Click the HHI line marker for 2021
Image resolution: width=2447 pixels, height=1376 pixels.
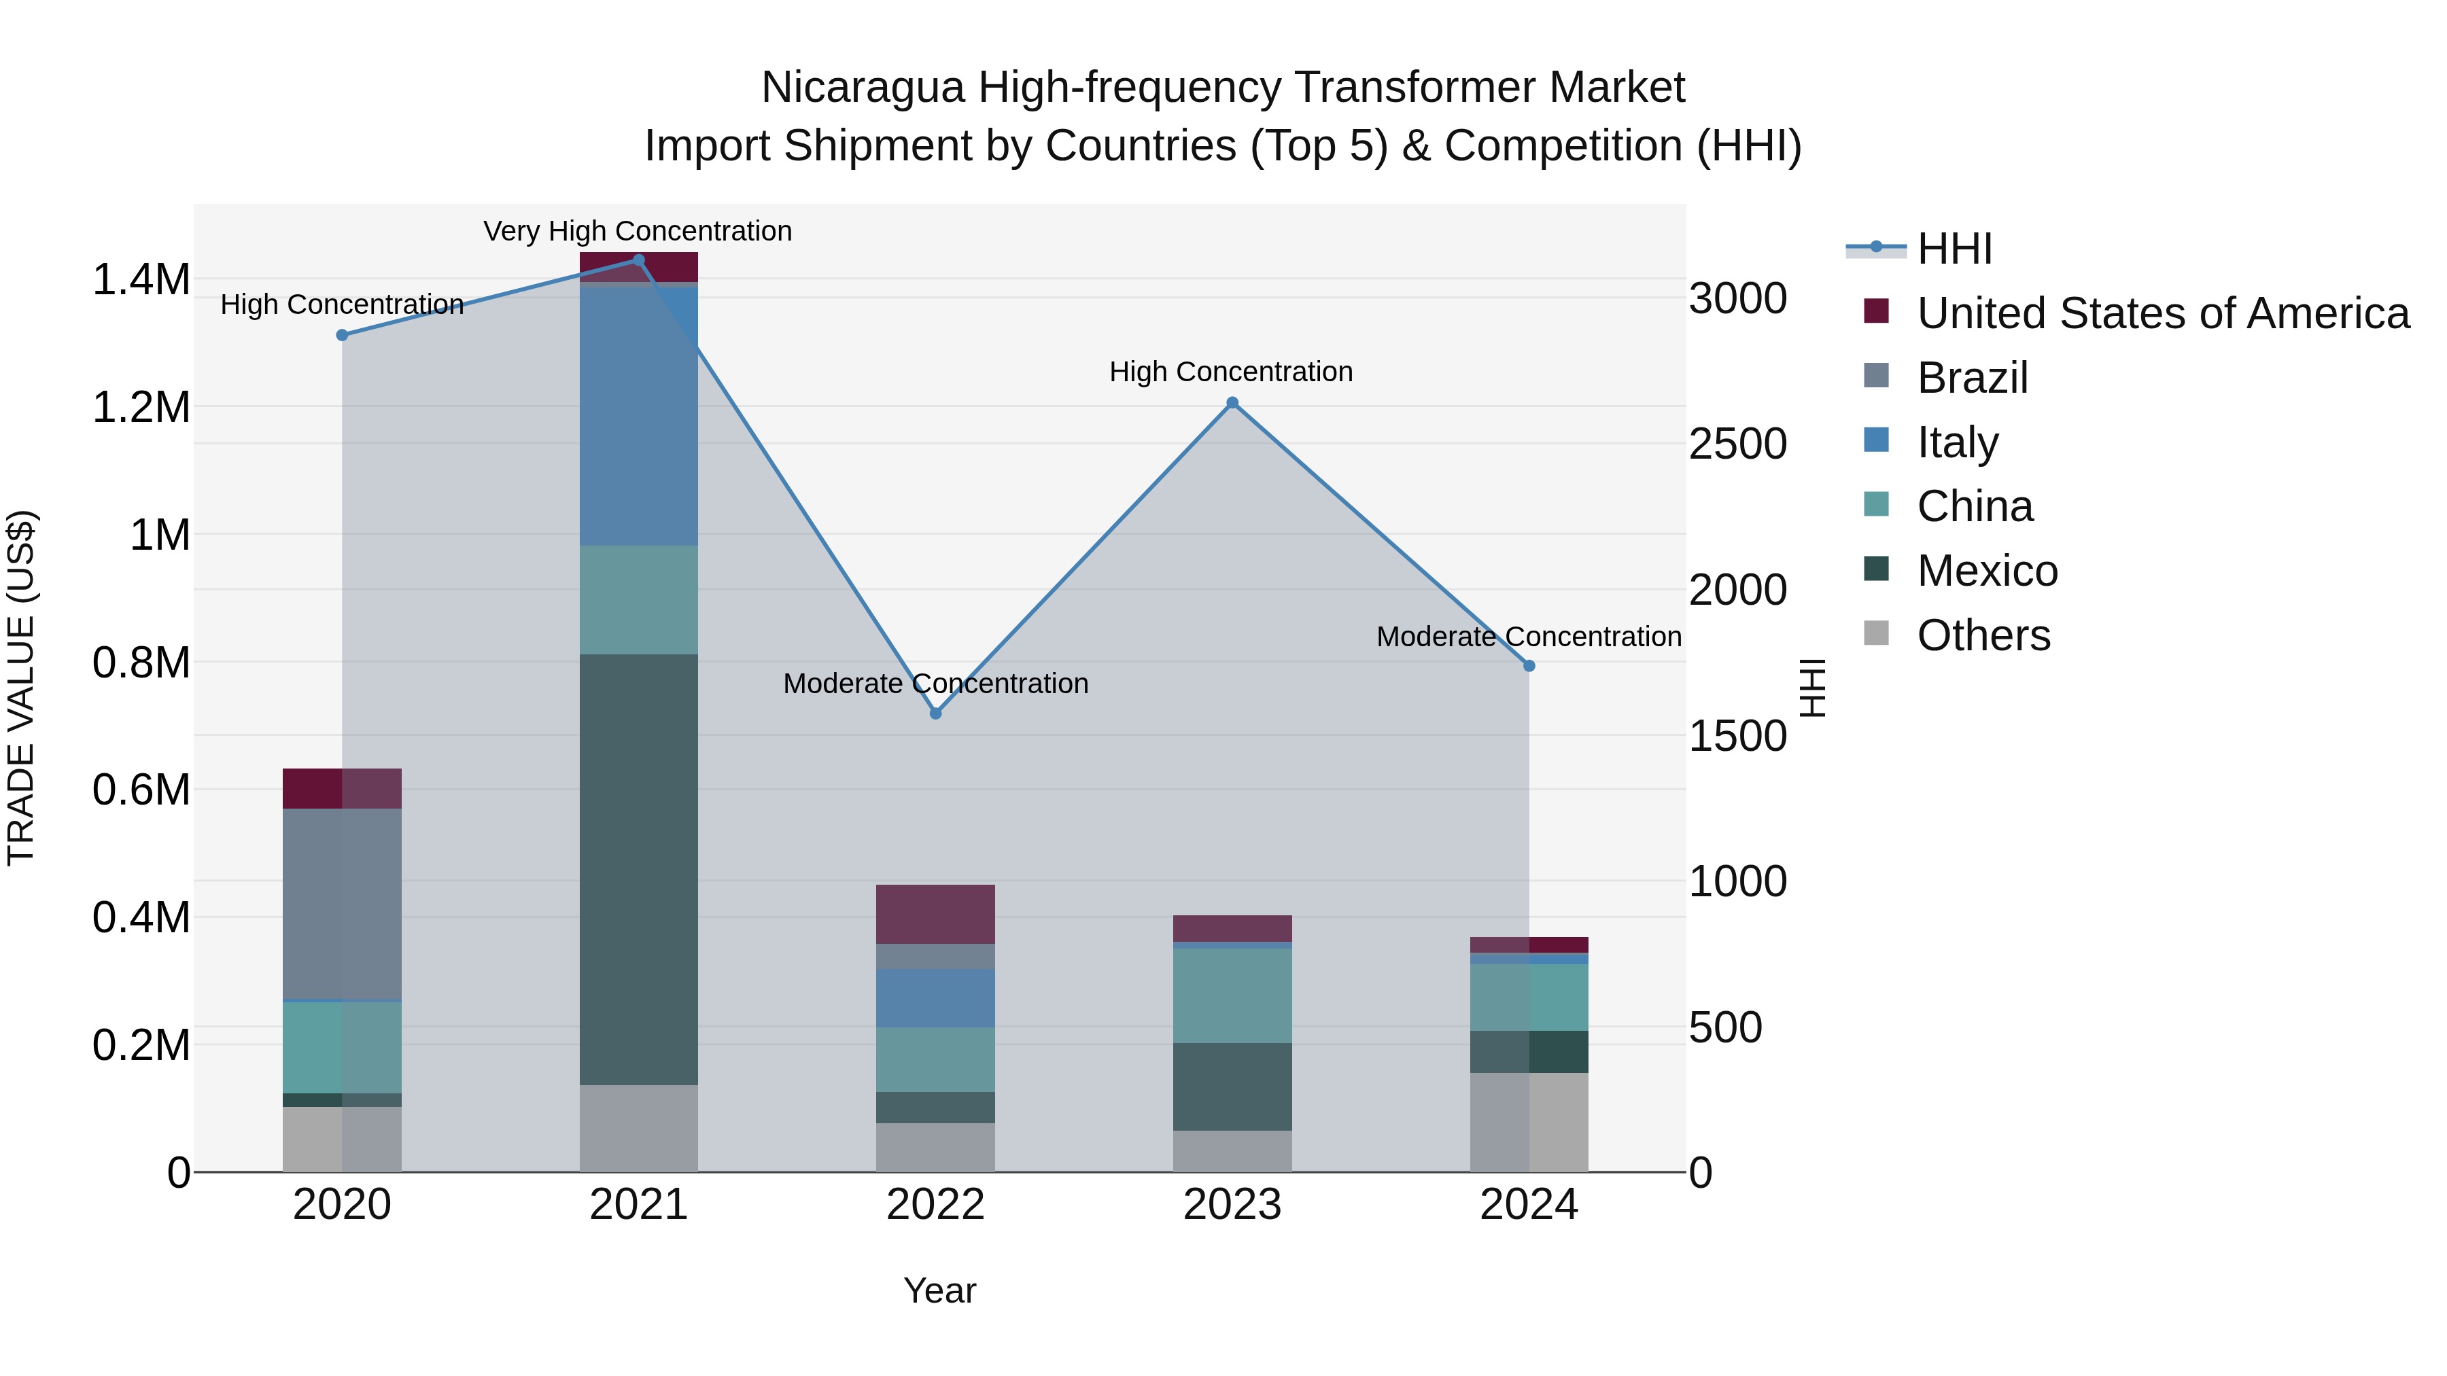pyautogui.click(x=638, y=260)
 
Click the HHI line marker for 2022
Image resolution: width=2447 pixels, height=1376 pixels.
pyautogui.click(x=936, y=713)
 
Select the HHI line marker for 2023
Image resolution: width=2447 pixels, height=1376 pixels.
pyautogui.click(x=1232, y=403)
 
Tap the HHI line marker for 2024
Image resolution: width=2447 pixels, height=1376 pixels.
pyautogui.click(x=1529, y=666)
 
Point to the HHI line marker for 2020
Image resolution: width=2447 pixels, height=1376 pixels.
pyautogui.click(x=342, y=335)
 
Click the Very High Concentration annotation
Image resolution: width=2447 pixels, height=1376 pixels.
pyautogui.click(x=638, y=231)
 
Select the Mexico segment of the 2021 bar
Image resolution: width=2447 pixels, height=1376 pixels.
pyautogui.click(x=638, y=869)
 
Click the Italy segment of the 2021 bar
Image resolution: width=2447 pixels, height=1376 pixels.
pyautogui.click(x=638, y=415)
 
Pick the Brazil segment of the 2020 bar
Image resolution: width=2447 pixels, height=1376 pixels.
pyautogui.click(x=342, y=903)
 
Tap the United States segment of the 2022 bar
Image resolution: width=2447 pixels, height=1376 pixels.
pyautogui.click(x=936, y=913)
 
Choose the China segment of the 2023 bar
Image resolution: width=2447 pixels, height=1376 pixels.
pyautogui.click(x=1232, y=995)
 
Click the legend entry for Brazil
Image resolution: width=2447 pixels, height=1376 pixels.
pyautogui.click(x=1972, y=378)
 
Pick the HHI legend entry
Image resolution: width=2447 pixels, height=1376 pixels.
pyautogui.click(x=1954, y=249)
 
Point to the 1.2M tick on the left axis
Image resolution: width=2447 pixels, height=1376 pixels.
pyautogui.click(x=141, y=408)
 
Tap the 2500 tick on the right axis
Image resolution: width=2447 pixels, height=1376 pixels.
pyautogui.click(x=1737, y=444)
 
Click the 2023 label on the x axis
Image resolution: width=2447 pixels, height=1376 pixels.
pyautogui.click(x=1232, y=1205)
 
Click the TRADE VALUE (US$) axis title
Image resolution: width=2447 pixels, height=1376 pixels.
pyautogui.click(x=21, y=688)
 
